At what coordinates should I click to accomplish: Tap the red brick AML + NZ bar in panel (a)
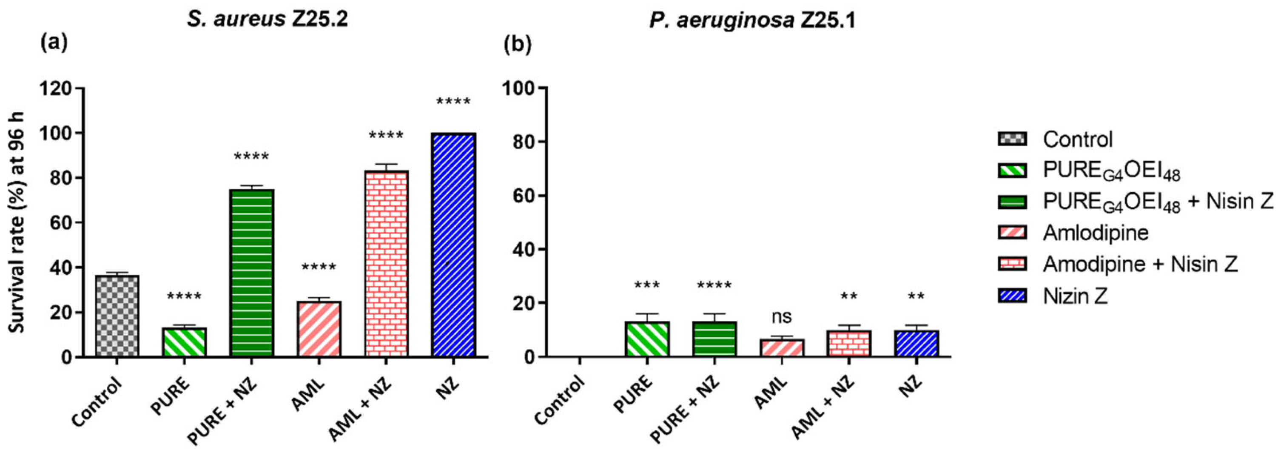pyautogui.click(x=387, y=263)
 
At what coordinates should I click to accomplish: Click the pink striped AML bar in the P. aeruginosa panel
pyautogui.click(x=782, y=348)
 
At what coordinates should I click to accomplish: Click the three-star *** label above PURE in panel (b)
pyautogui.click(x=647, y=286)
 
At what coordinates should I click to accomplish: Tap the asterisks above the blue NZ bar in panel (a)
pyautogui.click(x=453, y=103)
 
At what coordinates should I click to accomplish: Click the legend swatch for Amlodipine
pyautogui.click(x=1012, y=233)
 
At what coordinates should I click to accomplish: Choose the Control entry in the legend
pyautogui.click(x=1078, y=140)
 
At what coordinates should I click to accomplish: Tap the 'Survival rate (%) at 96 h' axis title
pyautogui.click(x=18, y=223)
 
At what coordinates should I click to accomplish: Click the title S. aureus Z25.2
pyautogui.click(x=268, y=19)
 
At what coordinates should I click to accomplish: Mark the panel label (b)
pyautogui.click(x=518, y=45)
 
